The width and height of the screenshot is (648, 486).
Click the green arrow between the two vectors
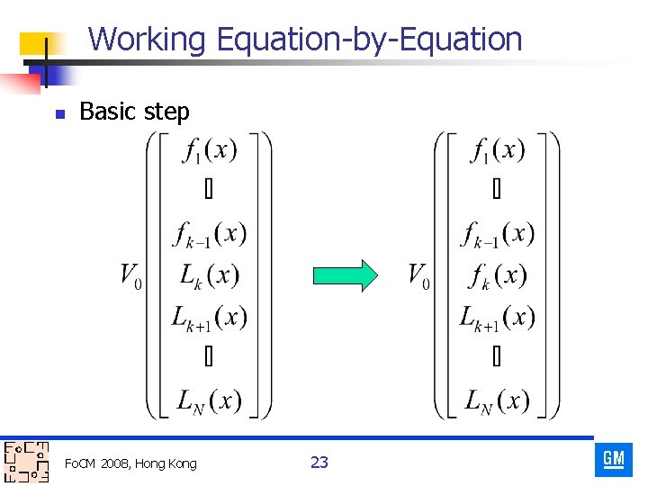tap(345, 275)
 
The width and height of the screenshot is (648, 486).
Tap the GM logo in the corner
tap(614, 459)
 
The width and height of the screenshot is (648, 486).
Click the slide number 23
tap(319, 463)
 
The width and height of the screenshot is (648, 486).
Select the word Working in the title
tap(148, 39)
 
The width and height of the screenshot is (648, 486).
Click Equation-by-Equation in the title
tap(369, 39)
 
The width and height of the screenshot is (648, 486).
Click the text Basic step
tap(134, 112)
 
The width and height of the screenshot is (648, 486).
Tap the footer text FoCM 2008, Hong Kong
tap(130, 463)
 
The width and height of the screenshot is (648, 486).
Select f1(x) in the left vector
tap(210, 151)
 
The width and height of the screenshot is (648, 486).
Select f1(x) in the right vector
tap(498, 151)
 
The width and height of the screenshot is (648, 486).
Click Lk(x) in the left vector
tap(210, 275)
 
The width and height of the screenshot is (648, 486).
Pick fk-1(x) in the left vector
tap(210, 234)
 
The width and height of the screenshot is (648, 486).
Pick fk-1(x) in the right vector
tap(498, 234)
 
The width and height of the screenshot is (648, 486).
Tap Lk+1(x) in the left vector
tap(210, 317)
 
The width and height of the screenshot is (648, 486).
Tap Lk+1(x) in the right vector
tap(498, 317)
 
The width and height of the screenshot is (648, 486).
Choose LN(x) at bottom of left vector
tap(210, 400)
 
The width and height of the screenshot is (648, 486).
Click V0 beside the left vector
tap(131, 275)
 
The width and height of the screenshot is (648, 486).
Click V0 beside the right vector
tap(418, 275)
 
